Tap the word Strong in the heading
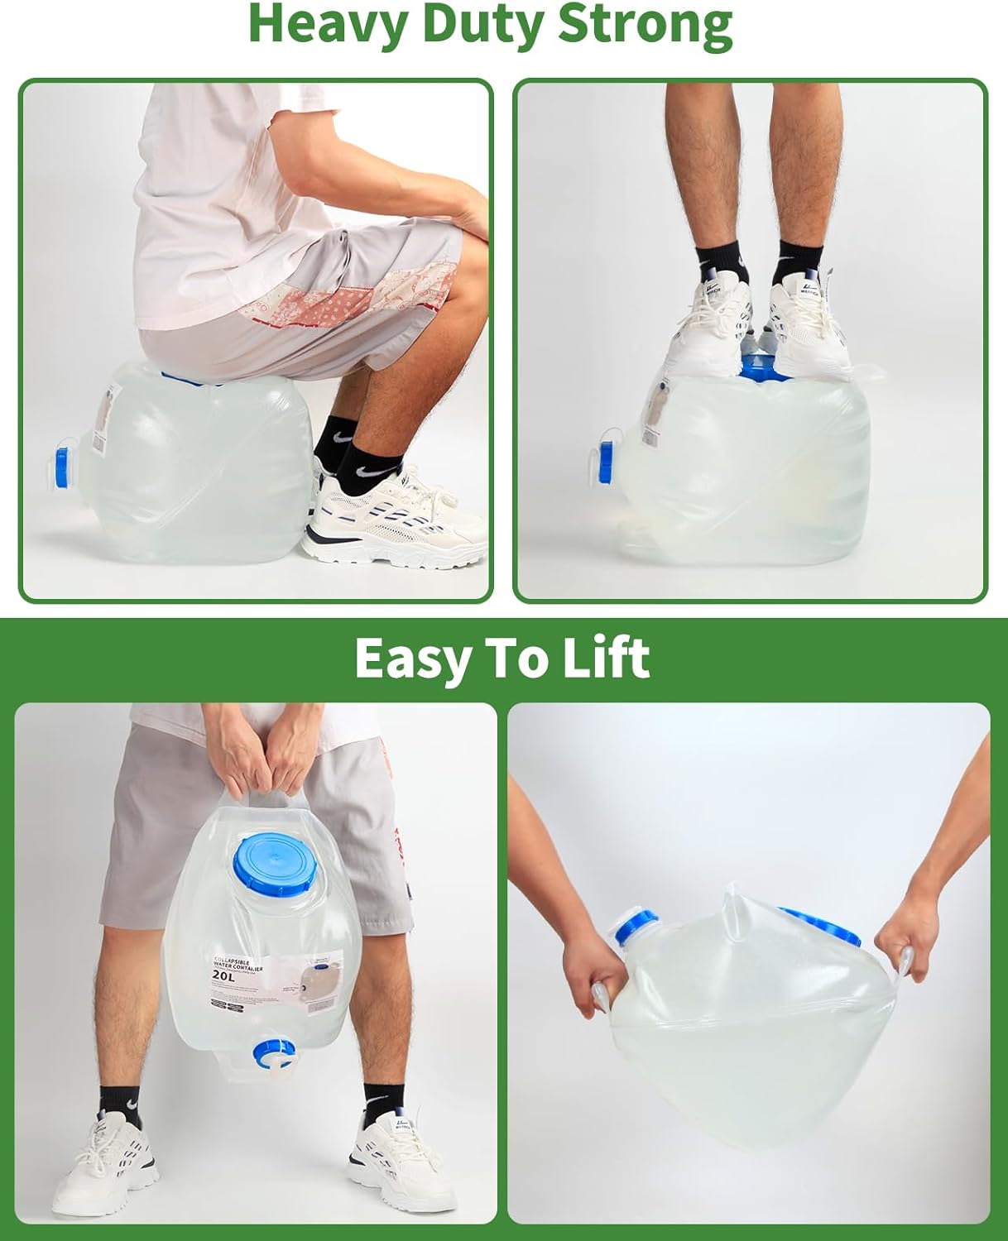(x=646, y=25)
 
